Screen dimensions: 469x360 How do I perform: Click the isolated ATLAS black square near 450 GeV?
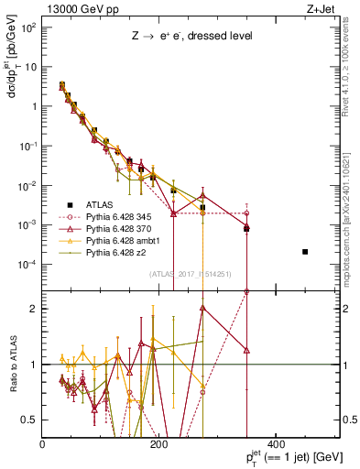tap(305, 251)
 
